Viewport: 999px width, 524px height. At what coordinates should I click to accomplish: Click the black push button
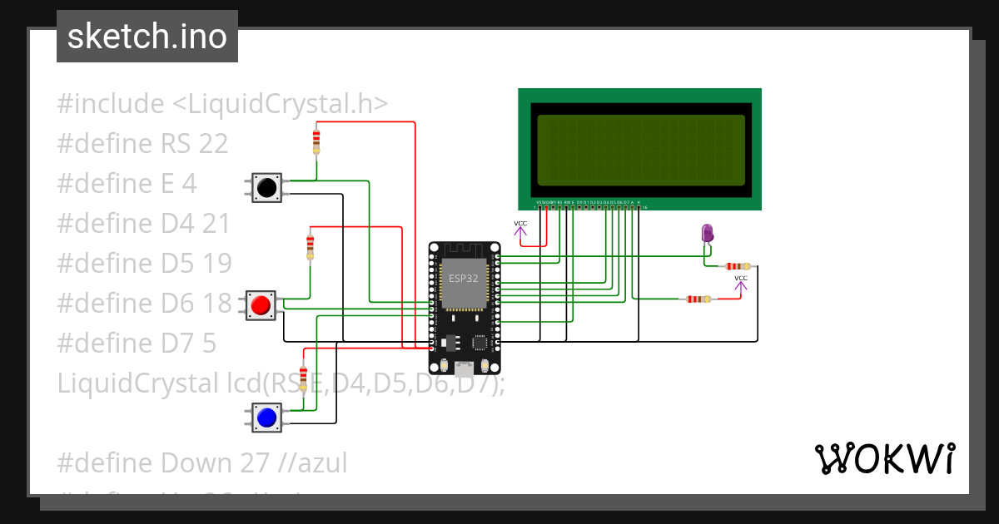266,188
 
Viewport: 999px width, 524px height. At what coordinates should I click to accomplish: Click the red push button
261,305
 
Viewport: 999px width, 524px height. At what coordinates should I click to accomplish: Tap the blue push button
266,418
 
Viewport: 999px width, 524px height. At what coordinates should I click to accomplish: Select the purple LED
708,233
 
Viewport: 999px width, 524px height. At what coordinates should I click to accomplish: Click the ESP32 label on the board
464,278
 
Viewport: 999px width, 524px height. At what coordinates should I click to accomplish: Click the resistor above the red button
311,245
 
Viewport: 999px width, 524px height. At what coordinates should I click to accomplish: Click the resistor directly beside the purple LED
737,266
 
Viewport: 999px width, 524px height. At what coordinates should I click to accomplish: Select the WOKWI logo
884,458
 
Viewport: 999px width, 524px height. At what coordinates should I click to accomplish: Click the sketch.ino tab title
147,37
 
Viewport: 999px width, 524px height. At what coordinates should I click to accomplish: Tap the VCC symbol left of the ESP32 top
520,229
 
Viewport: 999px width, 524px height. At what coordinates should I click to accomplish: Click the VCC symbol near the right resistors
741,283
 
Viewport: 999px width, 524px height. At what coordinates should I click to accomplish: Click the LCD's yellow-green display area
640,150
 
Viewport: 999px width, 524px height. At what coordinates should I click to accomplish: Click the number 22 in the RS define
213,144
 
